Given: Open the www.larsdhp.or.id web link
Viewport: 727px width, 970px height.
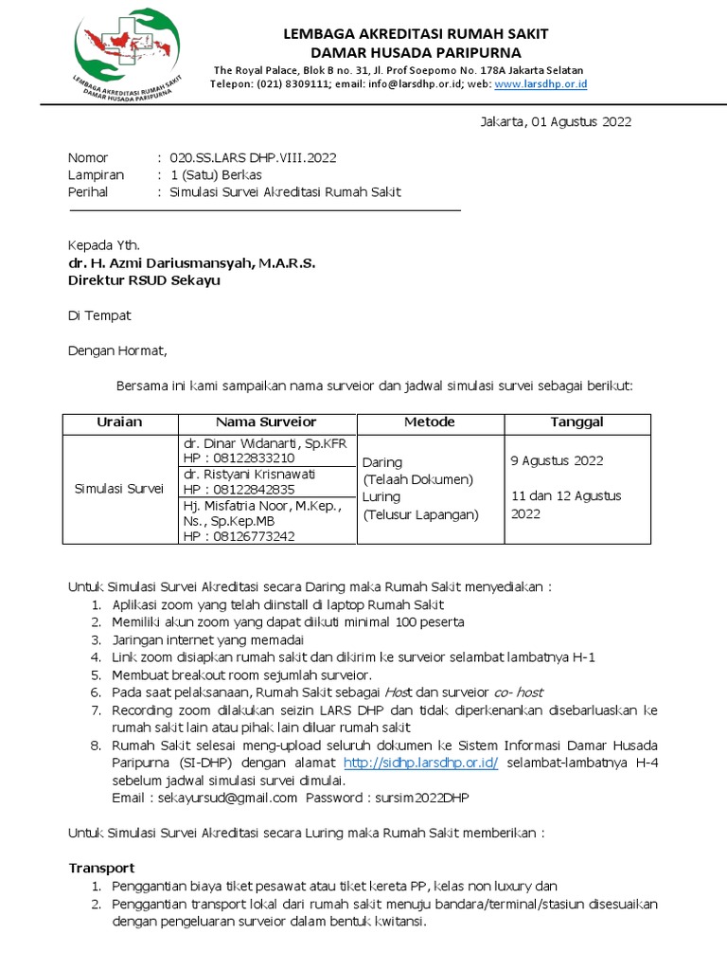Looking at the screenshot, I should [541, 84].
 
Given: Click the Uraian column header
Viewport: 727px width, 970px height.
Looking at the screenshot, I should [119, 422].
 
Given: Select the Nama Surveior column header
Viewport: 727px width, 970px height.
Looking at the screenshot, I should [266, 422].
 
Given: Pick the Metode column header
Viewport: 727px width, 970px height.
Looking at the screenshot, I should [429, 422].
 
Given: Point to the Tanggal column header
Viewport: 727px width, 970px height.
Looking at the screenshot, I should [576, 422].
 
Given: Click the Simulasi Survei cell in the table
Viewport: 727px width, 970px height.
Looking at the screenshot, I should [119, 489].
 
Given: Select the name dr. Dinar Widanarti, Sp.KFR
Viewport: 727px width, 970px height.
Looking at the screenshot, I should [266, 443].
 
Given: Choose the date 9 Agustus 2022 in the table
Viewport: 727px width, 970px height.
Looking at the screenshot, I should [557, 461].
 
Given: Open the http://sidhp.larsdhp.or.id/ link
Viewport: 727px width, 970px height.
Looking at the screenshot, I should [420, 763].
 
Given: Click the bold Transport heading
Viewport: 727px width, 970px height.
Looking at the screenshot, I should [101, 868].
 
